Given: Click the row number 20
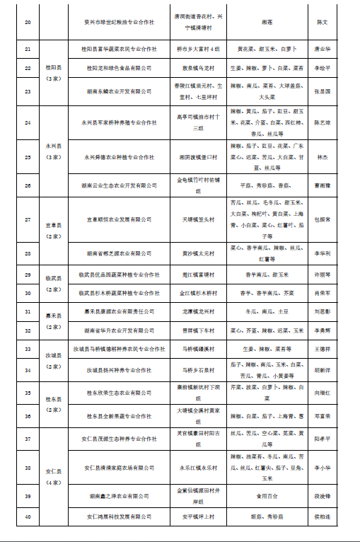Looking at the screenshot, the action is (x=27, y=23).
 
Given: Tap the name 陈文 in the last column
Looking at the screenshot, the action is (x=322, y=23).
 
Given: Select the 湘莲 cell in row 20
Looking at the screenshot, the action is (x=267, y=23).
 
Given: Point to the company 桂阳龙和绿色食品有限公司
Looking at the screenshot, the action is (x=122, y=68).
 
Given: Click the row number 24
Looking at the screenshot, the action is (x=27, y=122).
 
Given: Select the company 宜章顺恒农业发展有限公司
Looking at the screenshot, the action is (x=122, y=219).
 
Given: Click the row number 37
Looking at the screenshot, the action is (x=27, y=439).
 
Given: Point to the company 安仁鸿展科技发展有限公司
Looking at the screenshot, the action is (x=122, y=517).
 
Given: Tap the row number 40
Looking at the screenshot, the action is (x=27, y=517).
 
